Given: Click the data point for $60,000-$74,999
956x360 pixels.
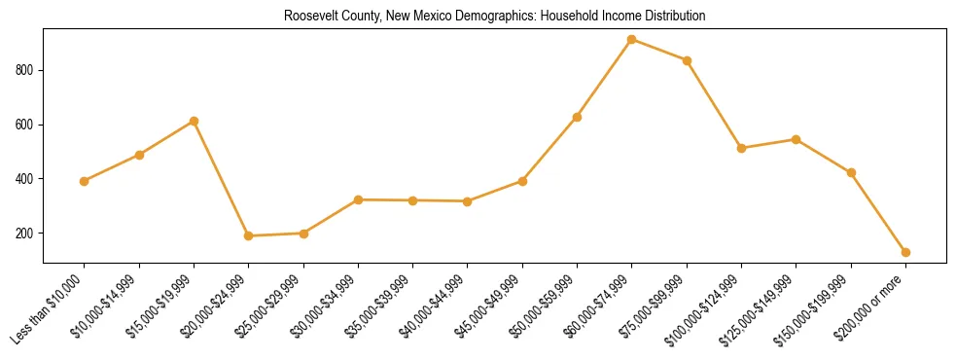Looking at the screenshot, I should [632, 40].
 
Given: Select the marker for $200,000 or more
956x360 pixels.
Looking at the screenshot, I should [905, 252].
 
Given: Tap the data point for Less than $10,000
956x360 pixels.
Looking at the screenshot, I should [85, 181].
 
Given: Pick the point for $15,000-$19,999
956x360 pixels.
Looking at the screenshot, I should [194, 122].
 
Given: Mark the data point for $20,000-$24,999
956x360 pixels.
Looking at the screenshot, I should [249, 235].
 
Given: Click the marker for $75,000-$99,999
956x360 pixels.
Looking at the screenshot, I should [687, 60].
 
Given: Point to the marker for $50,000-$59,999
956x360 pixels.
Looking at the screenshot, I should [577, 117].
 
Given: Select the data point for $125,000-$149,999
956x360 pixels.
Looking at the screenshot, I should [796, 139].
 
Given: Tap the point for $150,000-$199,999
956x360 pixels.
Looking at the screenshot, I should [851, 172].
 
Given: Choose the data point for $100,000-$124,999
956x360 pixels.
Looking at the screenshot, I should [741, 148].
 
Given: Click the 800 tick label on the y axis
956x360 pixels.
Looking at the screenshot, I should [24, 70].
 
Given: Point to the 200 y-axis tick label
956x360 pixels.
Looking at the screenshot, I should [24, 234].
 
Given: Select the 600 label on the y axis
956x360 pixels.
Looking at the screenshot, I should [24, 125].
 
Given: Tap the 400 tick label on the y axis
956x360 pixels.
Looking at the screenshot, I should [24, 179].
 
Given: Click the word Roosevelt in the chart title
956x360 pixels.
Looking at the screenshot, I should [306, 17].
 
